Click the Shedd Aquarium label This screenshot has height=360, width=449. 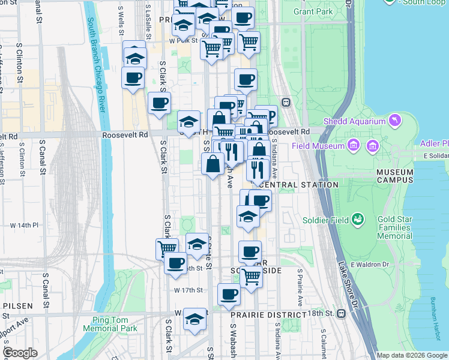click(354, 121)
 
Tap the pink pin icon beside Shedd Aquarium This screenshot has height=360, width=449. click(395, 121)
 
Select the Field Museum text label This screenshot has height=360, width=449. click(318, 146)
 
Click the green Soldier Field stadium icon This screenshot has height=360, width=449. click(358, 220)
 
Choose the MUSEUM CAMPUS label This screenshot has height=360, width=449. click(394, 176)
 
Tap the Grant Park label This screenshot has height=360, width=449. click(313, 11)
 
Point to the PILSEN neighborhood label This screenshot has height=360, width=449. click(16, 305)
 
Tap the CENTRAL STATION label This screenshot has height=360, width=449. click(300, 185)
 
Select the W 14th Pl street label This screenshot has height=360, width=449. click(24, 225)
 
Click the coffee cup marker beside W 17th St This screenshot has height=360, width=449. click(228, 294)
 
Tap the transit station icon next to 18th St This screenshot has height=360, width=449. click(342, 313)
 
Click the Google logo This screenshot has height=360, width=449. click(21, 353)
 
